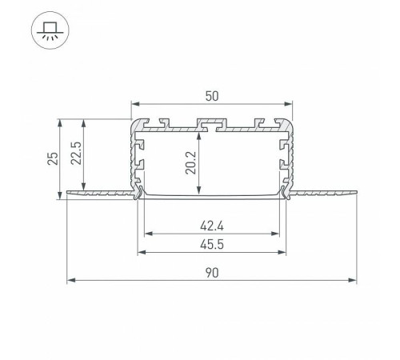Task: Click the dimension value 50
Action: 212,96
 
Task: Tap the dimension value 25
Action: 53,158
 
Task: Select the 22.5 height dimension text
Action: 76,153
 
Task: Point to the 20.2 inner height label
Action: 190,163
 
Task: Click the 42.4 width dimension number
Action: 212,226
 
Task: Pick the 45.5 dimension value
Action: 212,245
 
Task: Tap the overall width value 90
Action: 212,273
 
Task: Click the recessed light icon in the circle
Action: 50,30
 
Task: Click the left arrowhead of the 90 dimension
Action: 70,280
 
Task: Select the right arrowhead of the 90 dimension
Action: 353,280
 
